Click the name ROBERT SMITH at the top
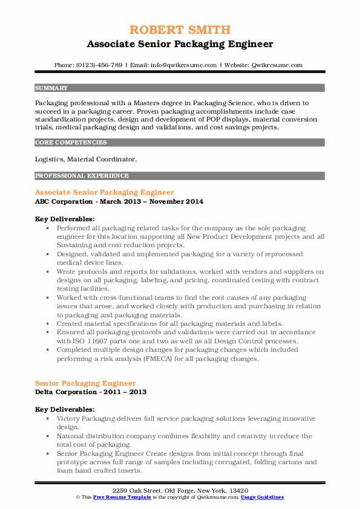pos(180,30)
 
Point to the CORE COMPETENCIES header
pos(71,143)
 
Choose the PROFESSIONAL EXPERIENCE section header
pos(82,176)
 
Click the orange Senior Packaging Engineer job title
pos(85,383)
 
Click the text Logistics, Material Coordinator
pos(86,159)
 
